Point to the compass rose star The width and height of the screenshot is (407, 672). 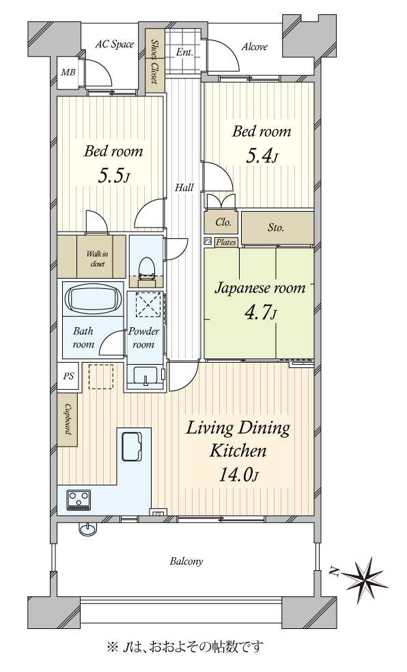tap(365, 581)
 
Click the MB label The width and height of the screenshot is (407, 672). tap(68, 72)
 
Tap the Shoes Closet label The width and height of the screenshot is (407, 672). tap(154, 61)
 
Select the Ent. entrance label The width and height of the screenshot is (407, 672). tap(184, 53)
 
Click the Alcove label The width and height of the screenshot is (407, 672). tap(255, 46)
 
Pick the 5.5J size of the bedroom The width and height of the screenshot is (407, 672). tap(113, 176)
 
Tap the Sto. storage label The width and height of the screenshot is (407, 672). tap(276, 227)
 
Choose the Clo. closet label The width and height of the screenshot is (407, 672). tap(223, 223)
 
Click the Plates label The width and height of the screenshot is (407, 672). tap(226, 242)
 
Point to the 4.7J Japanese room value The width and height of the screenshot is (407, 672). tap(259, 313)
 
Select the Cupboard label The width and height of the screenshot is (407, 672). tap(68, 419)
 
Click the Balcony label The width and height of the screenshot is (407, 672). tap(186, 561)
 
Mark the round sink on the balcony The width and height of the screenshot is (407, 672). tap(85, 529)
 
